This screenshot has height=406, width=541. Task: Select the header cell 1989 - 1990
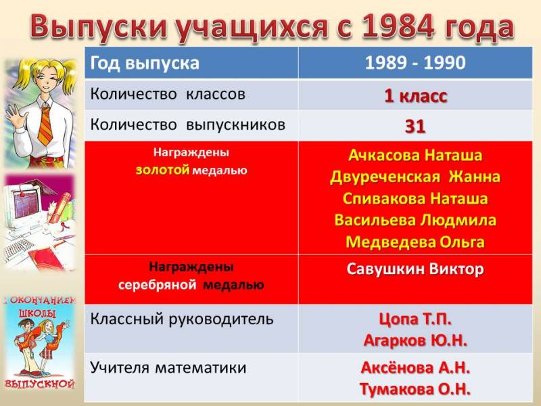pos(415,63)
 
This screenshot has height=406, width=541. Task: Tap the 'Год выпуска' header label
pos(145,64)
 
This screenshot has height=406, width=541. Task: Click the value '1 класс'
pos(415,95)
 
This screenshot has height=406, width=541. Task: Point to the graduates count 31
pos(415,127)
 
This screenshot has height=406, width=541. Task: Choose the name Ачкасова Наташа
pos(415,155)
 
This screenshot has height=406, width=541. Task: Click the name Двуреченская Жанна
pos(415,177)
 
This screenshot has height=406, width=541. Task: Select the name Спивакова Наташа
pos(415,198)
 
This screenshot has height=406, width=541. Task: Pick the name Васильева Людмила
pos(415,221)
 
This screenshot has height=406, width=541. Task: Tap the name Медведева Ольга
pos(415,242)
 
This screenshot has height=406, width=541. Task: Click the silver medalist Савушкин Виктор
pos(415,269)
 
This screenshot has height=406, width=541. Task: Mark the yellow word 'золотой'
pos(162,171)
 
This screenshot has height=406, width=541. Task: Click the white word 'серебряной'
pos(158,285)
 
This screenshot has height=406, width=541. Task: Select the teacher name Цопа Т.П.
pos(415,319)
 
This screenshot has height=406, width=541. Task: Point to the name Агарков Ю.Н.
pos(415,341)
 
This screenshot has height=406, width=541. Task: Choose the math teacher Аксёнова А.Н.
pos(415,368)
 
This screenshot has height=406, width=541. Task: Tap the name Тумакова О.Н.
pos(415,390)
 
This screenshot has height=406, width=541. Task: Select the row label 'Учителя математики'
pos(168,367)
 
